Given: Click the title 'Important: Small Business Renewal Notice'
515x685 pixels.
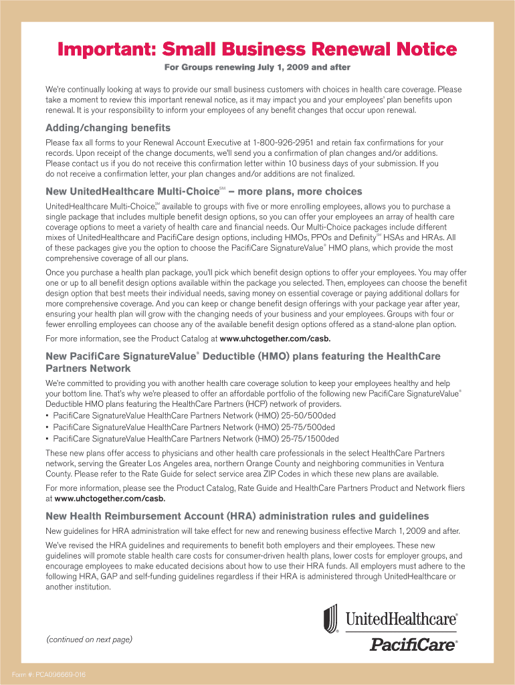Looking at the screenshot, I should coord(257,50).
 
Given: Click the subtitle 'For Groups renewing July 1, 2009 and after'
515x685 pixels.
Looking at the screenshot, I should coord(257,68).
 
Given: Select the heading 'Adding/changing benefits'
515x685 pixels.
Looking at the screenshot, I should coord(108,128).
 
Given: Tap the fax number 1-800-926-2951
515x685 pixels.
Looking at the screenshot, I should coord(283,143).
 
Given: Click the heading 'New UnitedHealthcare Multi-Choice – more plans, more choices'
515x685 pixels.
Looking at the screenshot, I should coord(203,192).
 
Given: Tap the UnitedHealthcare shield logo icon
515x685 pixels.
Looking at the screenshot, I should coord(331,618).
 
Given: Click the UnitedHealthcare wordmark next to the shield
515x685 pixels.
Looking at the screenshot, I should coord(401,619).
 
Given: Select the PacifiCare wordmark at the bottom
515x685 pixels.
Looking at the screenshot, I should coord(413,645).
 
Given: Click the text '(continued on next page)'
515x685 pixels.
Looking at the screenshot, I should coord(89,640).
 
